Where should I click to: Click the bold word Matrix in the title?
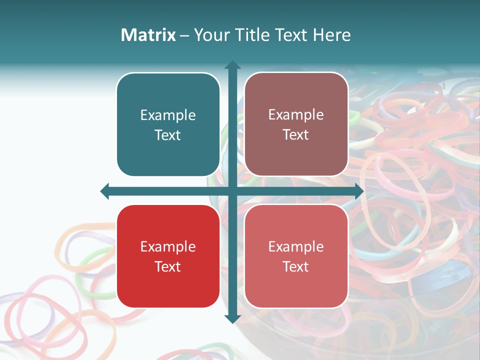(148, 35)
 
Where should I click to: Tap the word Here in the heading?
(331, 35)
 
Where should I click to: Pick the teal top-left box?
(168, 124)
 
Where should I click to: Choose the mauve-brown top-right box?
(296, 124)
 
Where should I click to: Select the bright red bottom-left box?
(168, 256)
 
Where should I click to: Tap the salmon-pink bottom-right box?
(296, 256)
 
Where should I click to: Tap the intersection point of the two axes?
(232, 191)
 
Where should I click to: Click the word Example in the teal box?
(168, 115)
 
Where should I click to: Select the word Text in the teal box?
(168, 135)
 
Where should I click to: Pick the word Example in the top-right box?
(296, 114)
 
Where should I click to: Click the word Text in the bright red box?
(168, 266)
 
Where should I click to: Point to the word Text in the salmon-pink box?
(296, 266)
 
